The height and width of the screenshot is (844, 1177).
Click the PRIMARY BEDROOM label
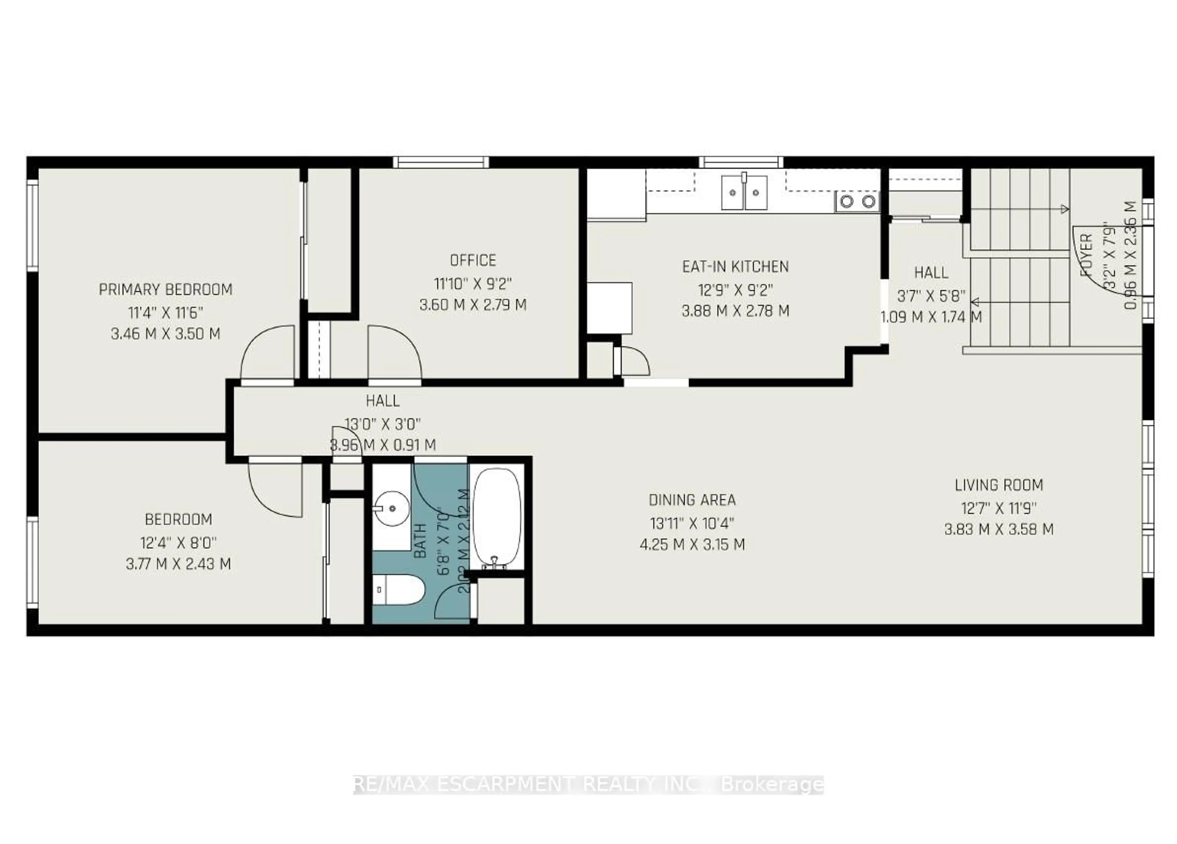pyautogui.click(x=166, y=290)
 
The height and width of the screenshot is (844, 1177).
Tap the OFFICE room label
pyautogui.click(x=473, y=260)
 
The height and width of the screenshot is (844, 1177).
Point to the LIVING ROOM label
pyautogui.click(x=999, y=485)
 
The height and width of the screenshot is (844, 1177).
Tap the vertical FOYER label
pyautogui.click(x=1086, y=255)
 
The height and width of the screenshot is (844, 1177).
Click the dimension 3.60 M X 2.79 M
pyautogui.click(x=473, y=305)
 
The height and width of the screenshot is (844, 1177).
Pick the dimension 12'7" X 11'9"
pyautogui.click(x=999, y=508)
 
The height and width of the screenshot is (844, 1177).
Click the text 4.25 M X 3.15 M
pyautogui.click(x=692, y=545)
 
